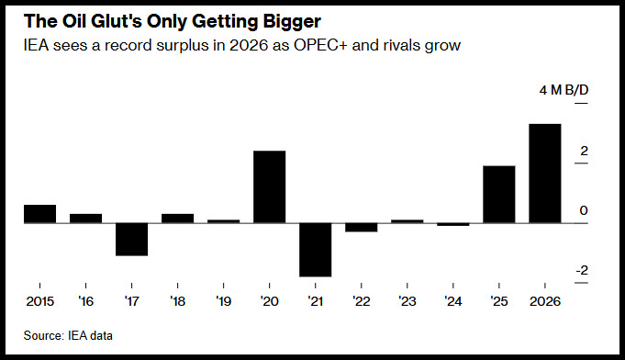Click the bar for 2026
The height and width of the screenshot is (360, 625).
pyautogui.click(x=545, y=174)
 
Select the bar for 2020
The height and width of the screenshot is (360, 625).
pyautogui.click(x=270, y=186)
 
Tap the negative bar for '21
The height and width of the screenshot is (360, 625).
pyautogui.click(x=316, y=250)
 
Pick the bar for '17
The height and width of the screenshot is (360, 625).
pyautogui.click(x=131, y=239)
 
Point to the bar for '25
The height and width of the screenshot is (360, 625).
pyautogui.click(x=499, y=194)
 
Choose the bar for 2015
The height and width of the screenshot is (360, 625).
pyautogui.click(x=39, y=214)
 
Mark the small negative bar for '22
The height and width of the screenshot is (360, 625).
pyautogui.click(x=361, y=227)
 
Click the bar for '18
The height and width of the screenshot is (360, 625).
pyautogui.click(x=177, y=219)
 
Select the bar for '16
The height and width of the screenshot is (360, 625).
pyautogui.click(x=85, y=219)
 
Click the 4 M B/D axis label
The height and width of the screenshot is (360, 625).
pyautogui.click(x=564, y=90)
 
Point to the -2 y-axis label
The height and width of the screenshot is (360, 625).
pyautogui.click(x=582, y=270)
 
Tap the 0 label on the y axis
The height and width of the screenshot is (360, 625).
pyautogui.click(x=584, y=210)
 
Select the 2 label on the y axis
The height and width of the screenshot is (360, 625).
pyautogui.click(x=584, y=152)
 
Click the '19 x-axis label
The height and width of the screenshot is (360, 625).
pyautogui.click(x=223, y=301)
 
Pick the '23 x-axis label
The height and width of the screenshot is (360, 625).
pyautogui.click(x=407, y=301)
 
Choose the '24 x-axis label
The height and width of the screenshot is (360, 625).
pyautogui.click(x=452, y=301)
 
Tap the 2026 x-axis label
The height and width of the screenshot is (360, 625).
pyautogui.click(x=545, y=301)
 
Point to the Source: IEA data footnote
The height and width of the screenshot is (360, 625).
pyautogui.click(x=68, y=336)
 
